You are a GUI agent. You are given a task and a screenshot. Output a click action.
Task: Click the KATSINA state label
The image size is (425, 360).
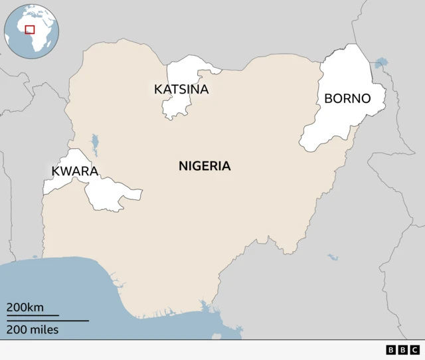click(x=181, y=89)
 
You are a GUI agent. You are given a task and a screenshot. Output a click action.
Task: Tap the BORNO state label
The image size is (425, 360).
click(x=347, y=99)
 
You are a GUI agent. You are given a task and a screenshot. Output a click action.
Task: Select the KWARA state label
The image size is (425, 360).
click(x=74, y=171)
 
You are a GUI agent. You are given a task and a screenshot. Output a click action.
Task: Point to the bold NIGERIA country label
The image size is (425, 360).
click(x=205, y=166)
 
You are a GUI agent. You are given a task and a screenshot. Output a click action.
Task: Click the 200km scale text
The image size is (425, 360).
click(x=25, y=308)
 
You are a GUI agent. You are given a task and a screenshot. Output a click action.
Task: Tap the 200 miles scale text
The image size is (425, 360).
click(x=33, y=329)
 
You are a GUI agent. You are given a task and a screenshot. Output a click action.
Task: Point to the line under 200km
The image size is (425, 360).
click(x=33, y=315)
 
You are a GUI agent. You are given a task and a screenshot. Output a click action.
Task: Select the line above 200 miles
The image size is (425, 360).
click(x=47, y=321)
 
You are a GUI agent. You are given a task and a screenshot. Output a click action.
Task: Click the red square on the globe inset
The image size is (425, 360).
click(x=29, y=29)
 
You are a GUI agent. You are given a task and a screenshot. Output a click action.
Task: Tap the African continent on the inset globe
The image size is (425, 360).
click(x=39, y=37)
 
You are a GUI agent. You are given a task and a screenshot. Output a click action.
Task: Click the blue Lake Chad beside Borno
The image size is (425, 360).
click(x=381, y=63)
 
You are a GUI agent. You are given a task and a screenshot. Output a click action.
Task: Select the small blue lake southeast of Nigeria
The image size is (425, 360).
click(x=332, y=256)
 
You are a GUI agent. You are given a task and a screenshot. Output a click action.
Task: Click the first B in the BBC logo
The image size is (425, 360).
click(x=390, y=349)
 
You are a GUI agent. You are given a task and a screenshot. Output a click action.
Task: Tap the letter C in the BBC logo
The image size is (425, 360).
click(x=414, y=349)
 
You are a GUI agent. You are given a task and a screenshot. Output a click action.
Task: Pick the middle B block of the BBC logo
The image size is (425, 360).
click(x=402, y=349)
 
